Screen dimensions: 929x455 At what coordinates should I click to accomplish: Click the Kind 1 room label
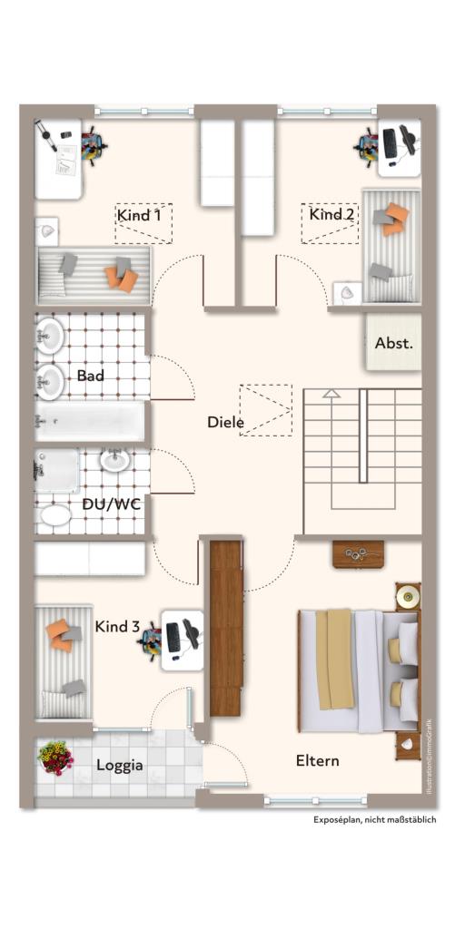(139, 215)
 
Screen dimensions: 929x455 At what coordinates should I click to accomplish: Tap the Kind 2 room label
(331, 214)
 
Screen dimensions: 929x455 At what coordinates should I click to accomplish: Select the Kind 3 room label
(117, 627)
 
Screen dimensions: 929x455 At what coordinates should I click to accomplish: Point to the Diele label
(225, 422)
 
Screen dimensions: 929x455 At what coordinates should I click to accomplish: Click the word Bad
(91, 375)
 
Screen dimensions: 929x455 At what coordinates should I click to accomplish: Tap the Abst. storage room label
(393, 344)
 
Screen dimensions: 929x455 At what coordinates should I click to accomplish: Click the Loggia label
(120, 765)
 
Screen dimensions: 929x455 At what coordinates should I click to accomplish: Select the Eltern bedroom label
(318, 760)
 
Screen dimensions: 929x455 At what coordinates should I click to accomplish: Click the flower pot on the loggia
(56, 757)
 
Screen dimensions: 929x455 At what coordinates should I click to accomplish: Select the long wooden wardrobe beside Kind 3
(225, 626)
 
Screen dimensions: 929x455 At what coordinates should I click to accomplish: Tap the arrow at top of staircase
(331, 394)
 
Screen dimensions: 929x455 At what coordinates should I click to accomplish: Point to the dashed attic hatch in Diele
(266, 410)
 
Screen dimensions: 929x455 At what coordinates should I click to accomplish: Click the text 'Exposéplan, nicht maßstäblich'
(375, 819)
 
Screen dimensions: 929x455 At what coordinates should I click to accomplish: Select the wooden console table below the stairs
(358, 553)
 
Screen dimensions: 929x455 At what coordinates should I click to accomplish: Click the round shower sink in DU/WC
(114, 461)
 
